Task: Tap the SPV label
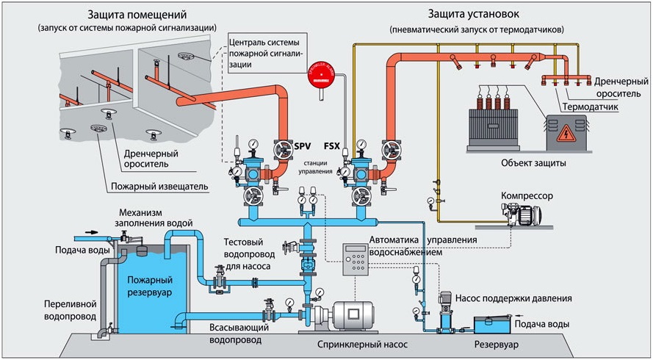(303, 147)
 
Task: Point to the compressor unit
(524, 214)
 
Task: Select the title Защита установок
(488, 14)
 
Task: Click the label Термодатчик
(590, 107)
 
